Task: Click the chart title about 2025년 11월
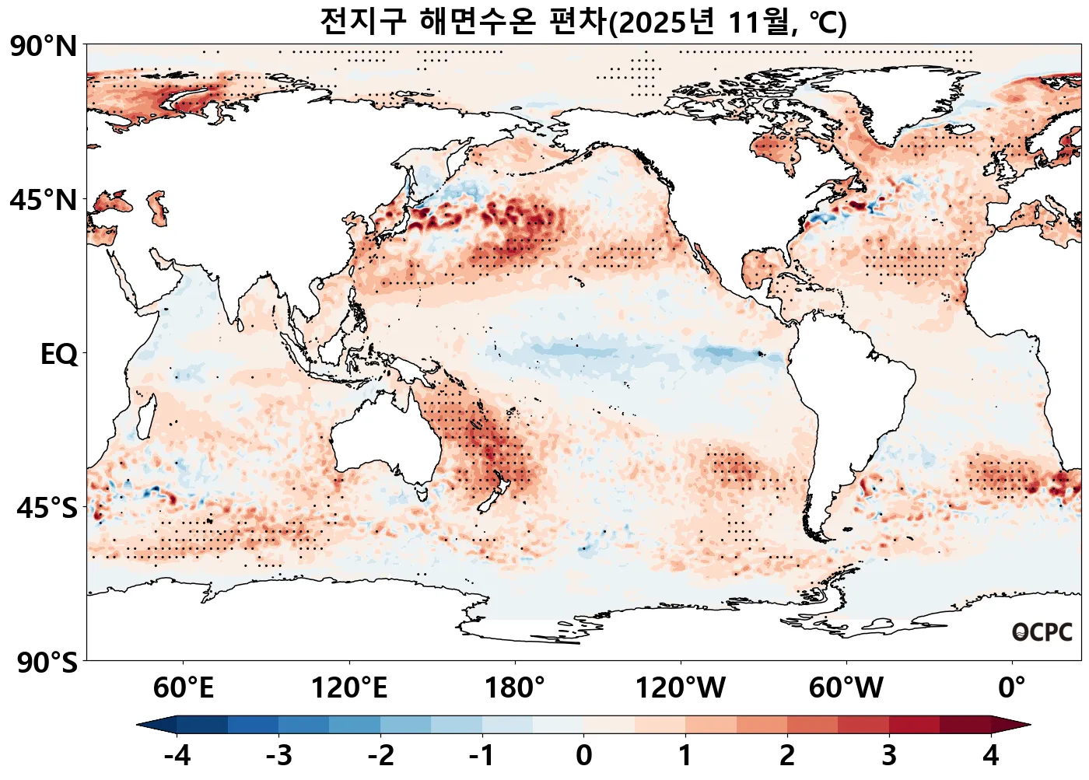click(583, 22)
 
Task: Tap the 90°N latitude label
click(44, 47)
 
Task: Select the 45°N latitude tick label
click(44, 201)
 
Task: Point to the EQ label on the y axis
click(59, 355)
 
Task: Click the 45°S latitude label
click(47, 509)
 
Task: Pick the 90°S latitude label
click(47, 663)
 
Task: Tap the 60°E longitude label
click(183, 688)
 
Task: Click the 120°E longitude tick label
click(348, 688)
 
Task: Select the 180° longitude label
click(515, 688)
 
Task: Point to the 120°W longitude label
click(681, 688)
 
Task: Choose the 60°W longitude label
click(846, 688)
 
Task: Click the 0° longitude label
click(1012, 688)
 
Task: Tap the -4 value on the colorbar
click(177, 755)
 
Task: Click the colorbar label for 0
click(584, 755)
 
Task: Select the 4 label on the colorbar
click(990, 755)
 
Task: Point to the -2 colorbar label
click(380, 755)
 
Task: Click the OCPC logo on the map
click(1042, 632)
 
